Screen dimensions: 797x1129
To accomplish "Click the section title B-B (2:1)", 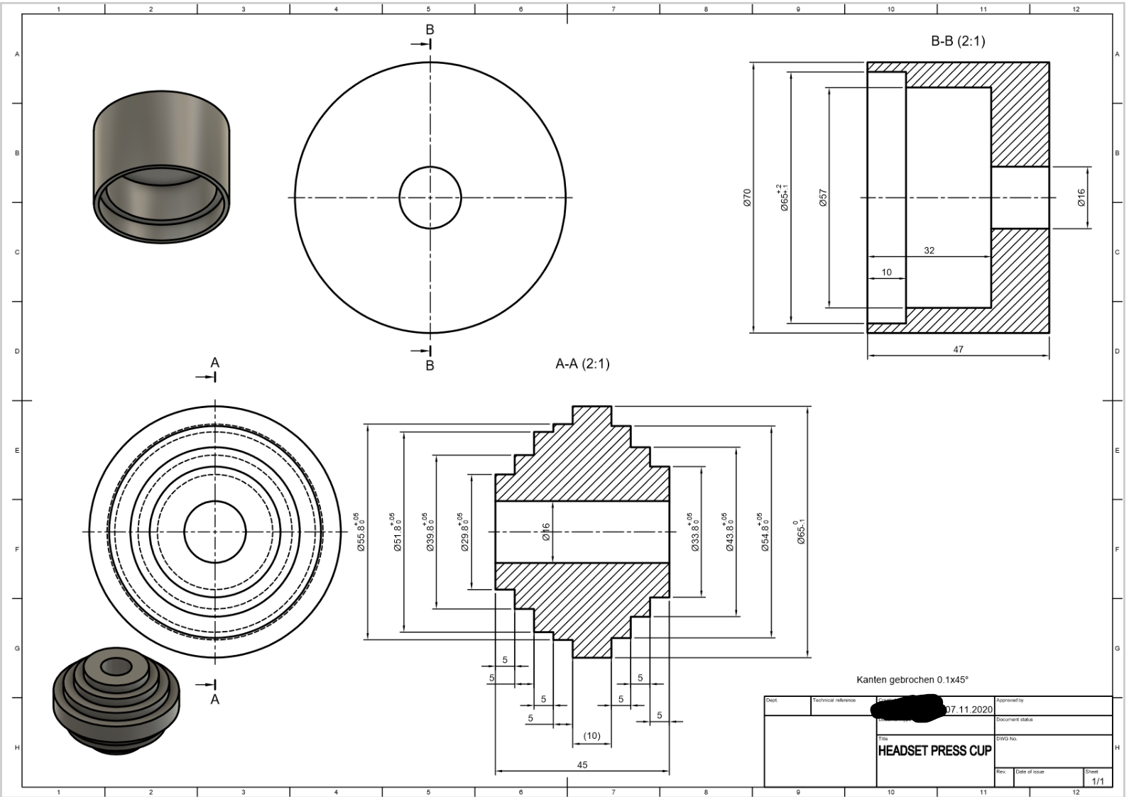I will tap(957, 41).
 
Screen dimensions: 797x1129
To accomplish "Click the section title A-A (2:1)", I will tap(582, 364).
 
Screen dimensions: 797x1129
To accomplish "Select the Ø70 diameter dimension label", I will tap(747, 197).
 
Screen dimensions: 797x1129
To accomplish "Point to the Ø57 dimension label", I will tap(823, 197).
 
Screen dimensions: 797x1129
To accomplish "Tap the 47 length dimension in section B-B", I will tap(958, 349).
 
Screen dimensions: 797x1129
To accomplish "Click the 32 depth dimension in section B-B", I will tap(929, 251).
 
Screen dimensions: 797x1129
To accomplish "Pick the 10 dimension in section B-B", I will tap(886, 273).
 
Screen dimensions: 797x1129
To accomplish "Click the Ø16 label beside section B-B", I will tap(1081, 197).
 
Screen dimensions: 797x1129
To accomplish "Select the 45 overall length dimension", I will tap(582, 765).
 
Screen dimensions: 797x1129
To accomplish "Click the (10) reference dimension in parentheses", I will tap(591, 736).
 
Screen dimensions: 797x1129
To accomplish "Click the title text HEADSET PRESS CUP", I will tap(934, 751).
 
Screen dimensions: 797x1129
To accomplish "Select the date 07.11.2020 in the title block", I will tap(969, 710).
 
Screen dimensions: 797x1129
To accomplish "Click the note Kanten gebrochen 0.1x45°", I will tap(912, 679).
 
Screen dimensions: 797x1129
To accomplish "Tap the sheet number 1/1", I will tap(1097, 781).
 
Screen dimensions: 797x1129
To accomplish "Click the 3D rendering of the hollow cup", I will tap(161, 167).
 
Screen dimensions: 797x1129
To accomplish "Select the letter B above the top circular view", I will tap(430, 30).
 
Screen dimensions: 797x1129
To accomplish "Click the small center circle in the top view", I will tap(430, 198).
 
